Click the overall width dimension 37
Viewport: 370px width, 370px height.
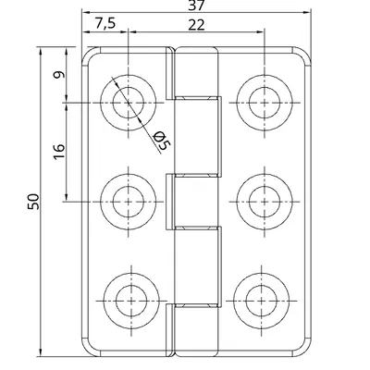click(195, 6)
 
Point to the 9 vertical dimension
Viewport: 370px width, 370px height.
click(57, 77)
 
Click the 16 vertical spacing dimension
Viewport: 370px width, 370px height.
click(57, 150)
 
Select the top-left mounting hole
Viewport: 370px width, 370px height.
click(129, 101)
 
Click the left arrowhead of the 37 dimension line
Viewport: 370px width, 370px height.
click(85, 14)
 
